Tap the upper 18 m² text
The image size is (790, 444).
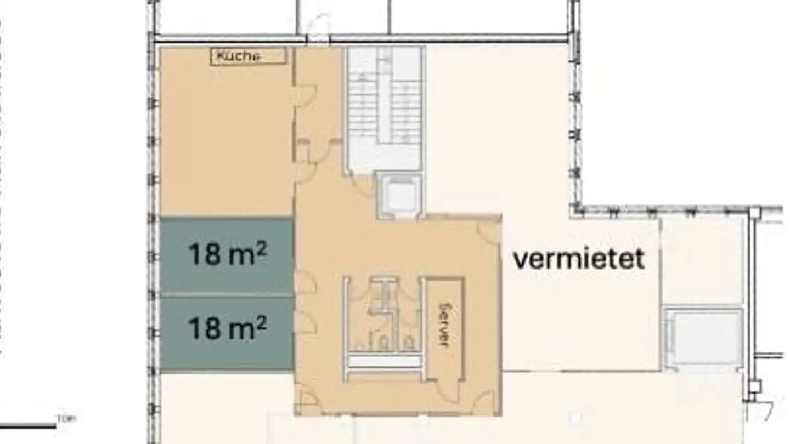pos(227,254)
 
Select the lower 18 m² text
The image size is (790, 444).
pos(227,328)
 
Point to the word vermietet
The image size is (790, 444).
pos(579,259)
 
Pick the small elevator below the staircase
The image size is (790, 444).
pos(399,195)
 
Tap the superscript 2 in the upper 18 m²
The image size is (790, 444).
pos(261,248)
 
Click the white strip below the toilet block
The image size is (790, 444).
pos(385,361)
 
